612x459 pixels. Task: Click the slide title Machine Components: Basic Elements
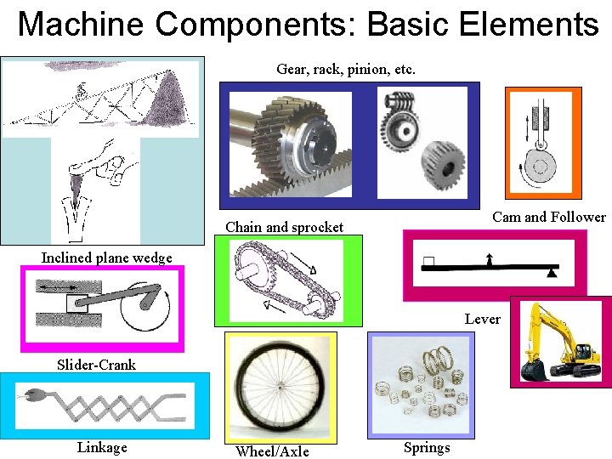coord(308,24)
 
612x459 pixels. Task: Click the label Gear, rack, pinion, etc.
coord(346,69)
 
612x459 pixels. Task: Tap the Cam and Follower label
coord(549,218)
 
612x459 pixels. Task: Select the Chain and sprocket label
coord(284,227)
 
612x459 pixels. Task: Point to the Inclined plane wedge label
coord(106,258)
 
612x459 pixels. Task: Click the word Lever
coord(482,319)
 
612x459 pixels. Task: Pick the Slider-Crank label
coord(96,365)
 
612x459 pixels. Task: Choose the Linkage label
coord(102,447)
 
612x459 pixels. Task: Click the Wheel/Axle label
coord(272,451)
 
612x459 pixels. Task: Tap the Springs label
coord(427,448)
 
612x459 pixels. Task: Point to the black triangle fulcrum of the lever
coord(552,274)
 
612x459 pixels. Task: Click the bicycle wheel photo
coord(280,387)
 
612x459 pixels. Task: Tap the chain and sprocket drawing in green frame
coord(288,280)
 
